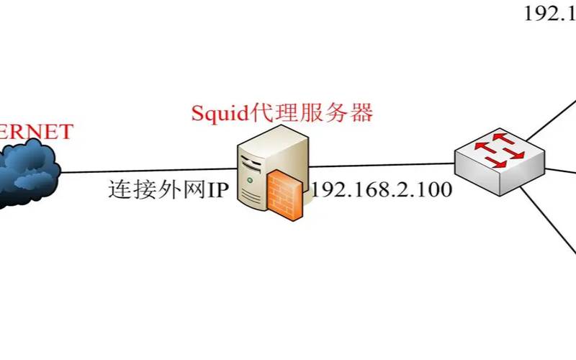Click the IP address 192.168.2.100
(x=382, y=190)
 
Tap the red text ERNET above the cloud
(x=36, y=132)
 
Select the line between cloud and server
(x=144, y=171)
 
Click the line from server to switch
(x=382, y=166)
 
